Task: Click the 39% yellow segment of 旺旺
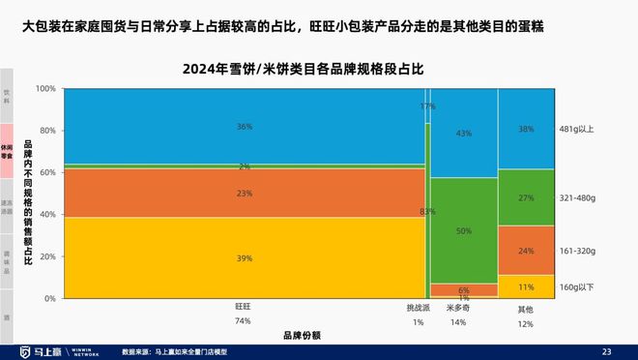click(x=244, y=257)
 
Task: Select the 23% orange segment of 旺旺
click(x=244, y=193)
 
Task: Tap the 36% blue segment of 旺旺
click(x=244, y=126)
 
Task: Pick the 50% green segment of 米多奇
click(x=464, y=230)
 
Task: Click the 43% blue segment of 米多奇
click(x=464, y=133)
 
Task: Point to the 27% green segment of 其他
click(x=526, y=197)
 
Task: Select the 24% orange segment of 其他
click(x=526, y=250)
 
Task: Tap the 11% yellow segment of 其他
click(x=526, y=286)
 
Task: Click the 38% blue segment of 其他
click(x=526, y=128)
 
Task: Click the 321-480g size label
click(x=578, y=197)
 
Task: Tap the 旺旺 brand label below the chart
click(x=244, y=308)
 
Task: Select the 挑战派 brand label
click(x=419, y=308)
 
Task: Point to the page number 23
click(x=607, y=350)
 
